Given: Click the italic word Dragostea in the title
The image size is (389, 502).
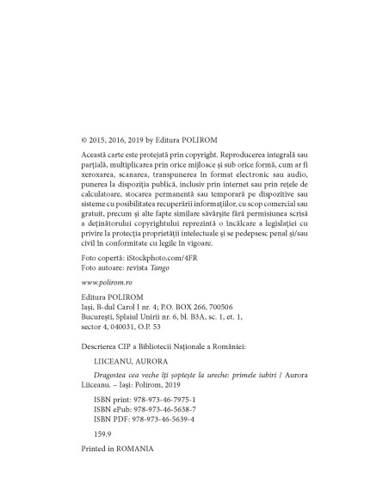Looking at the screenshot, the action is pos(114,379).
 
